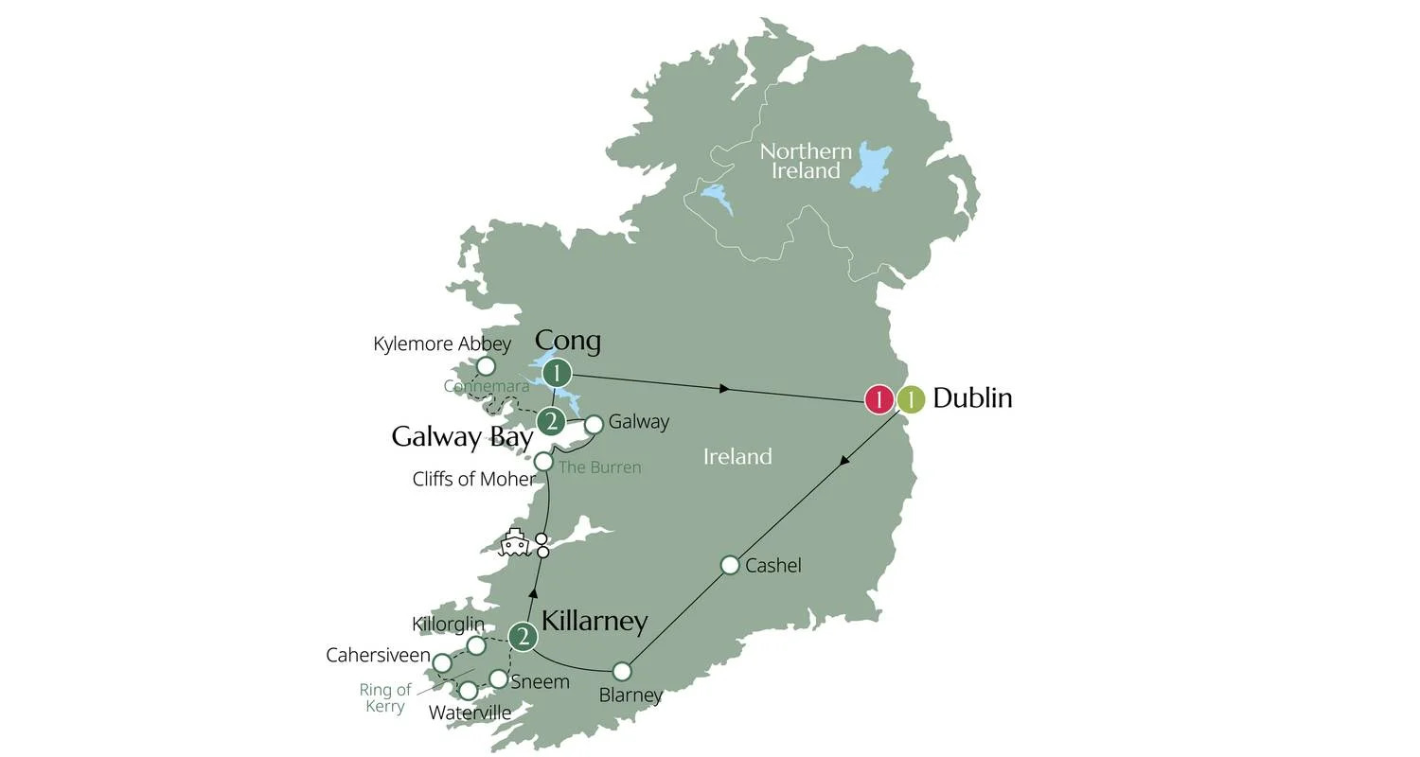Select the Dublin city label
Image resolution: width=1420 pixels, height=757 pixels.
click(972, 398)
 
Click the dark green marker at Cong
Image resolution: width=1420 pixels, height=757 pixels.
click(558, 373)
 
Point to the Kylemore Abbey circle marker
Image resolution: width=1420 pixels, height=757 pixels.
click(486, 366)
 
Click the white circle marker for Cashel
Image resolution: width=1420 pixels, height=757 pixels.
click(730, 565)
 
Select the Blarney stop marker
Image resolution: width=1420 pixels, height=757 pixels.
click(622, 671)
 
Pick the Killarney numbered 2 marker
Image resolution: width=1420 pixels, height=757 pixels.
click(523, 637)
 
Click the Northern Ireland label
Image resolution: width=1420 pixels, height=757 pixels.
click(806, 161)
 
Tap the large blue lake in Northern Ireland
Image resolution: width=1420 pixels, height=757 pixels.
click(871, 167)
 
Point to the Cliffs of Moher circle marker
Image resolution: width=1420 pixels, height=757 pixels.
click(543, 462)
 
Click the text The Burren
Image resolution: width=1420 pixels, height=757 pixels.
click(599, 467)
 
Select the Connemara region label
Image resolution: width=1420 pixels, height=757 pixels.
click(487, 387)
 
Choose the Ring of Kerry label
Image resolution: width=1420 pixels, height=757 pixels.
click(385, 698)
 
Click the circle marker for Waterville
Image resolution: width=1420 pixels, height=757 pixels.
click(469, 691)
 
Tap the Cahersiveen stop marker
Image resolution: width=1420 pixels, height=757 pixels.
click(442, 662)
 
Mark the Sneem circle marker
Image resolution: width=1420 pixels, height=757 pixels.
click(498, 678)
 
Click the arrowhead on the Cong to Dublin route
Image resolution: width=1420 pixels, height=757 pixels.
click(727, 388)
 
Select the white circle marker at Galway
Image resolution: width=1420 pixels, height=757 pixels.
click(594, 425)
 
